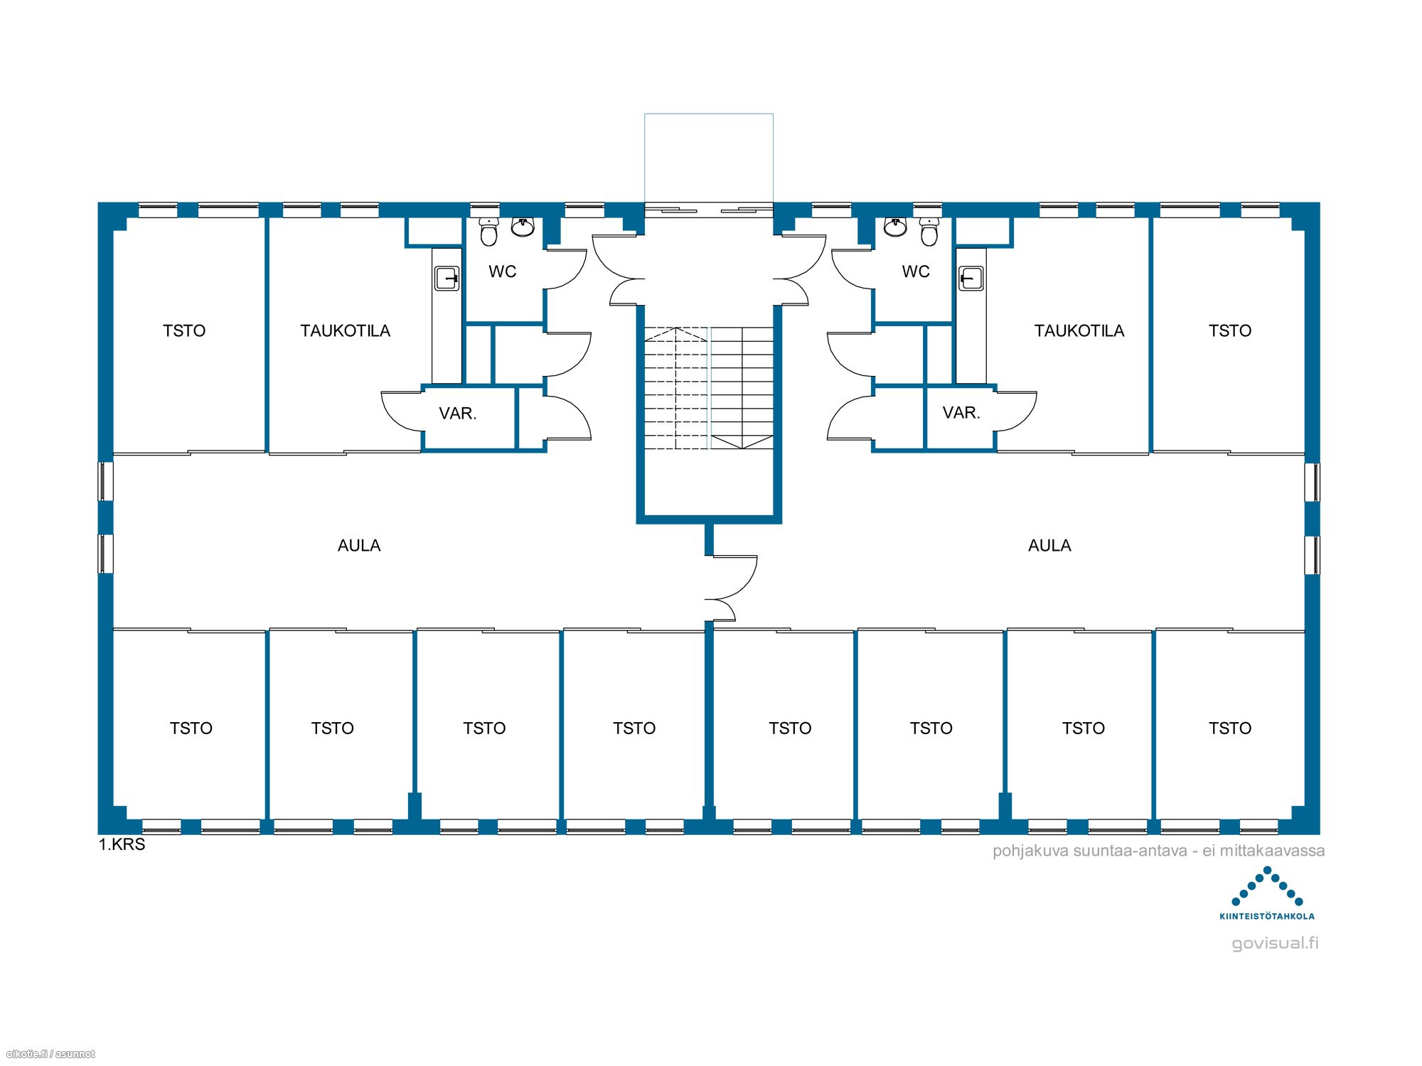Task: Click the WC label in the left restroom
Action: pos(502,271)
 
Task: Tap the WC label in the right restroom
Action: pos(916,271)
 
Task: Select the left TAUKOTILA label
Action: pos(345,330)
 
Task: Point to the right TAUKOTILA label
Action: pos(1079,330)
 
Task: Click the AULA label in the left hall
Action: pos(359,545)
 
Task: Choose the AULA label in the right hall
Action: pos(1049,545)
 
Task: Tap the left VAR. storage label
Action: pos(458,413)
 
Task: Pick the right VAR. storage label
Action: pos(961,412)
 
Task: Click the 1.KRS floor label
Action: pos(122,844)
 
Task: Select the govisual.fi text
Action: pos(1275,943)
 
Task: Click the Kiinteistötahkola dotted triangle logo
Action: pos(1267,886)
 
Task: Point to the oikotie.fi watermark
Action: pos(50,1054)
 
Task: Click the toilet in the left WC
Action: pos(488,232)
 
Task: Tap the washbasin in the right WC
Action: pos(895,227)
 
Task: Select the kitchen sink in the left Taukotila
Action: pos(447,279)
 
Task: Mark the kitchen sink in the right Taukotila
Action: pos(971,279)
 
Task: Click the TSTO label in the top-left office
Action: pos(184,330)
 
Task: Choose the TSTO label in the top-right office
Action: pos(1230,330)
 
